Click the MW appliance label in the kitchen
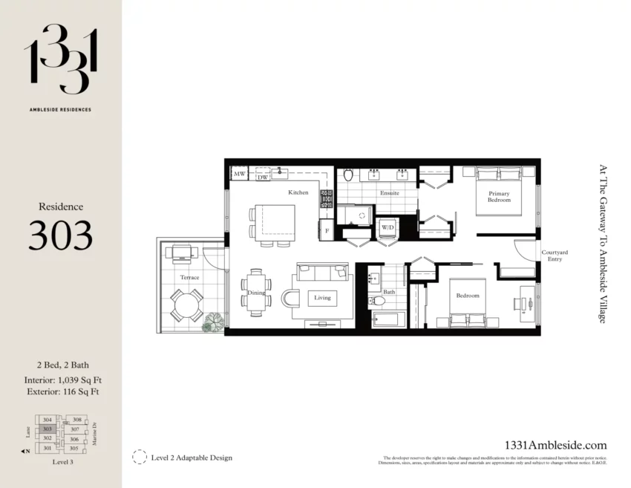point(239,175)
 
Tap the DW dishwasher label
point(262,178)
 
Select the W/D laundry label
point(388,227)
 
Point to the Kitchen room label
point(298,192)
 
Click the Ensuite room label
point(389,193)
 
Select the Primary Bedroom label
point(499,197)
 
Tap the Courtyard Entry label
point(555,256)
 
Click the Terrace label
point(189,277)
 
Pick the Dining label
point(256,293)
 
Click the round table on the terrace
point(186,305)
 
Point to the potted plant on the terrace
point(213,321)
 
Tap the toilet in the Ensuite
point(348,177)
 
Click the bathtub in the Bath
point(388,320)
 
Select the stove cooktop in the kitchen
point(326,198)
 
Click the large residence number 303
point(61,235)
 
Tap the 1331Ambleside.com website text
point(555,445)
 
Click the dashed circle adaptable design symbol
point(139,457)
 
